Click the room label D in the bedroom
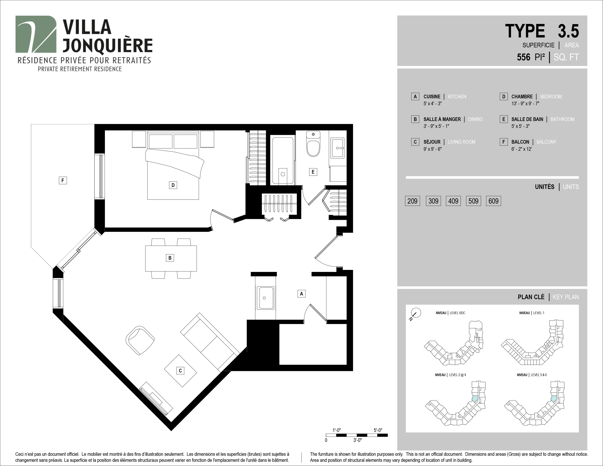pyautogui.click(x=173, y=185)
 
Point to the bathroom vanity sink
pyautogui.click(x=337, y=148)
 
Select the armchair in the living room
pyautogui.click(x=140, y=340)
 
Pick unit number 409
pyautogui.click(x=453, y=201)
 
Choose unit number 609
pyautogui.click(x=493, y=201)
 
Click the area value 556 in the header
pyautogui.click(x=524, y=57)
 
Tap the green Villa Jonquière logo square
pyautogui.click(x=36, y=34)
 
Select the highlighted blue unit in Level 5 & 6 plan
pyautogui.click(x=554, y=399)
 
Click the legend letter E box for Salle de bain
pyautogui.click(x=504, y=119)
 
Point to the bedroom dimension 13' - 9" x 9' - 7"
pyautogui.click(x=525, y=103)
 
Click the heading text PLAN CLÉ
pyautogui.click(x=531, y=297)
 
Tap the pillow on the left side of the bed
pyautogui.click(x=161, y=141)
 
